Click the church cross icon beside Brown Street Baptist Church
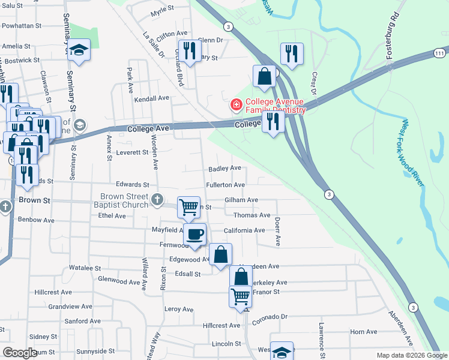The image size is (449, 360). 157,200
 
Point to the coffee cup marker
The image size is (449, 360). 194,234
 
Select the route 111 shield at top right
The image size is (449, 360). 441,54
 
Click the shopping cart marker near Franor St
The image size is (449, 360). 240,296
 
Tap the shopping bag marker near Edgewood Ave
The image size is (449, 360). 221,254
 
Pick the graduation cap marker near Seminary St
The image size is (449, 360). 78,50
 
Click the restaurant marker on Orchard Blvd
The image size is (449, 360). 190,51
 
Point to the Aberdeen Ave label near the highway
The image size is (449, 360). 399,328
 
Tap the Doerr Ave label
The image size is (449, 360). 278,232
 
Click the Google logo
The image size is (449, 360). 19,353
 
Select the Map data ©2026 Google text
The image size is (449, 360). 412,355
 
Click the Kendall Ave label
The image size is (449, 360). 152,98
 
